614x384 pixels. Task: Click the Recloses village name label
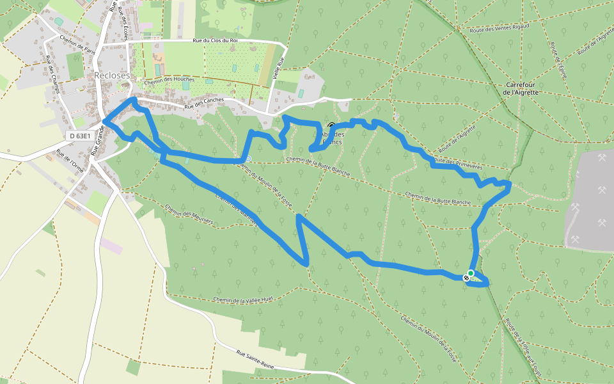point(112,76)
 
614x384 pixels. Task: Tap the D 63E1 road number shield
point(80,136)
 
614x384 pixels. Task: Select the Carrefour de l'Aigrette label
point(521,88)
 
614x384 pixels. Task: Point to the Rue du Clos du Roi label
point(215,41)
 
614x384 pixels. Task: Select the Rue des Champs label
point(52,74)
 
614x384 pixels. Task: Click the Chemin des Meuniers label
point(189,215)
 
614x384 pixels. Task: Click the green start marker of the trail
point(471,273)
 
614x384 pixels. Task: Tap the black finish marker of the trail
point(466,278)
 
